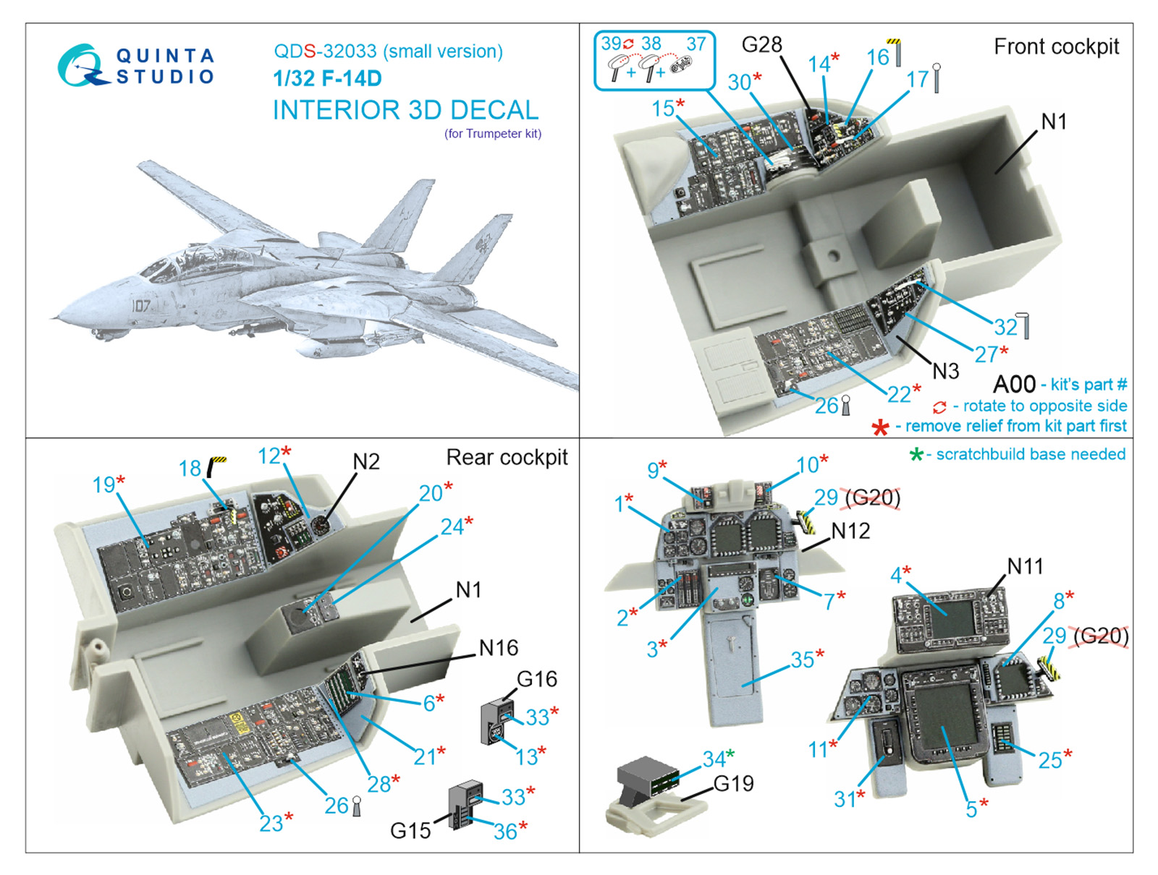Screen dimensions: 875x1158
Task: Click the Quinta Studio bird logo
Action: [x=81, y=66]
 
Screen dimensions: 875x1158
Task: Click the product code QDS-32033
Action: [x=325, y=51]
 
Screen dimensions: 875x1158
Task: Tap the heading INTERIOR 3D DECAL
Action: [x=405, y=110]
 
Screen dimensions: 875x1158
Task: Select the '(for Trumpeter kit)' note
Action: [x=492, y=134]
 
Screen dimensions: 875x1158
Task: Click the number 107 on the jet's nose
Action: [x=141, y=306]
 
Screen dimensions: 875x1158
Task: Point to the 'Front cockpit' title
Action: [x=1056, y=47]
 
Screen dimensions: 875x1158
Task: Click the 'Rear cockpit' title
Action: [x=507, y=457]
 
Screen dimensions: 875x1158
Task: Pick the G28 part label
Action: [x=761, y=45]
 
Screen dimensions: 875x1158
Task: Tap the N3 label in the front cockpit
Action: [x=944, y=371]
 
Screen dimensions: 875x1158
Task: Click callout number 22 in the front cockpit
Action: [x=899, y=394]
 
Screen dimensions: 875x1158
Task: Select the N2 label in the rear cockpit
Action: [x=365, y=462]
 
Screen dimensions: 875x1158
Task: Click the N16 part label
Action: [x=499, y=648]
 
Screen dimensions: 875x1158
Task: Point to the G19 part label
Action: [x=733, y=784]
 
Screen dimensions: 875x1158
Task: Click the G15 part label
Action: [x=410, y=831]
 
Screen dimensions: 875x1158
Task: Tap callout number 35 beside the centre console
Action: [x=802, y=660]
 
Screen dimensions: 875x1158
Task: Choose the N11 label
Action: [x=1025, y=566]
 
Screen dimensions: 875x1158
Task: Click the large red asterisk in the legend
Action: [x=880, y=427]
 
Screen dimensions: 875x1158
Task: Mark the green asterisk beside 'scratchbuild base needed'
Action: [x=916, y=455]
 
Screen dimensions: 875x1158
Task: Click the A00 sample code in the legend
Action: [x=1014, y=384]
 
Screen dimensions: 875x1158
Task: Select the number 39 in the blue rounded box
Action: [x=611, y=44]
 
